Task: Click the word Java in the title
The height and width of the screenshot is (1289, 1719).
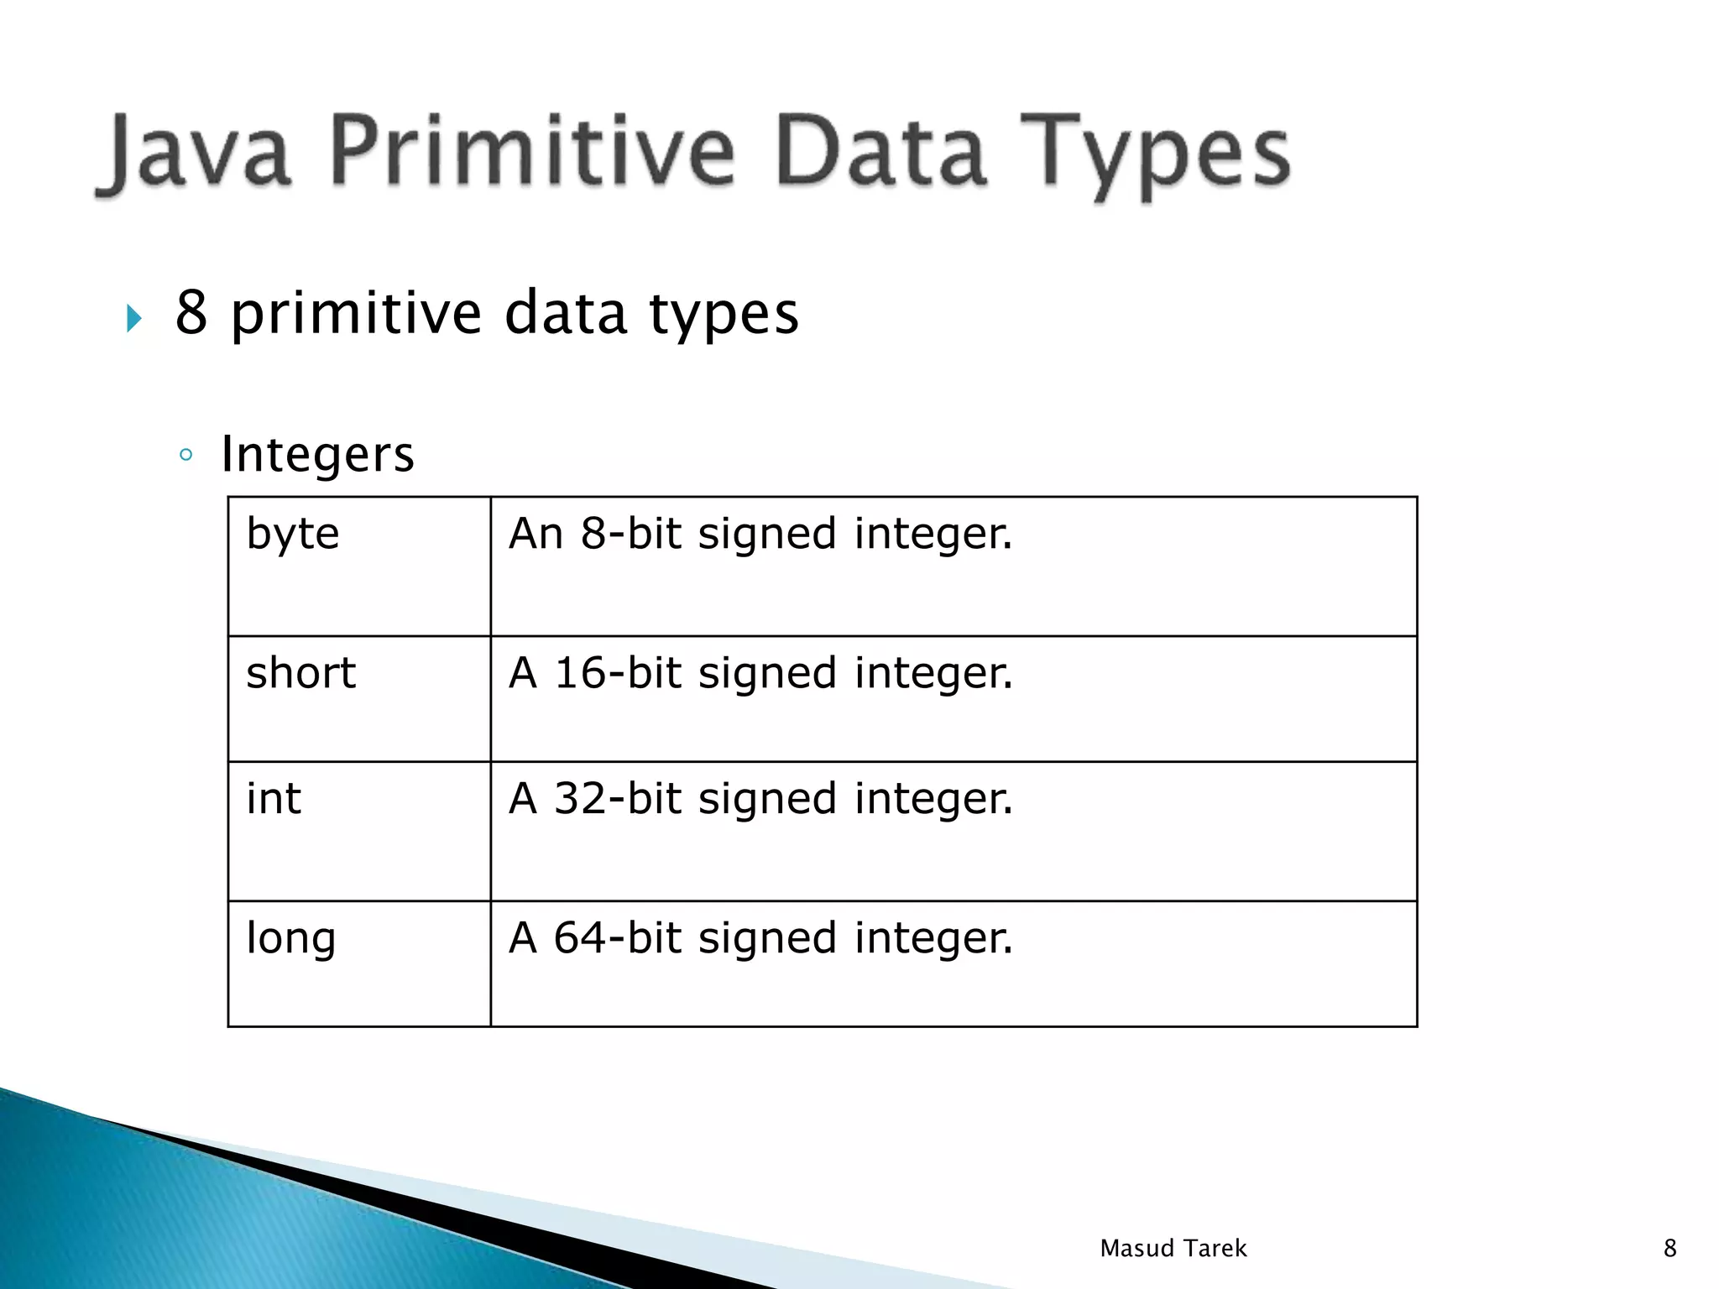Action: tap(195, 154)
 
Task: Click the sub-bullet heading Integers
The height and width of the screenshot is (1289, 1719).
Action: tap(317, 455)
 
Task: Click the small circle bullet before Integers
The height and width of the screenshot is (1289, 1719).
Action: tap(186, 456)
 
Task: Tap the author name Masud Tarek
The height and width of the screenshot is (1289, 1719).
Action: tap(1173, 1249)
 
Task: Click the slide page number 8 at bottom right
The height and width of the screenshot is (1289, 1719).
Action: tap(1669, 1249)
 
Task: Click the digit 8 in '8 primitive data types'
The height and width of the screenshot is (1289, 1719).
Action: tap(191, 312)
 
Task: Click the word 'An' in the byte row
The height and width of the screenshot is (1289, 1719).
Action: tap(536, 534)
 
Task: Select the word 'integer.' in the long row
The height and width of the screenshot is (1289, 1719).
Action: tap(933, 938)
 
